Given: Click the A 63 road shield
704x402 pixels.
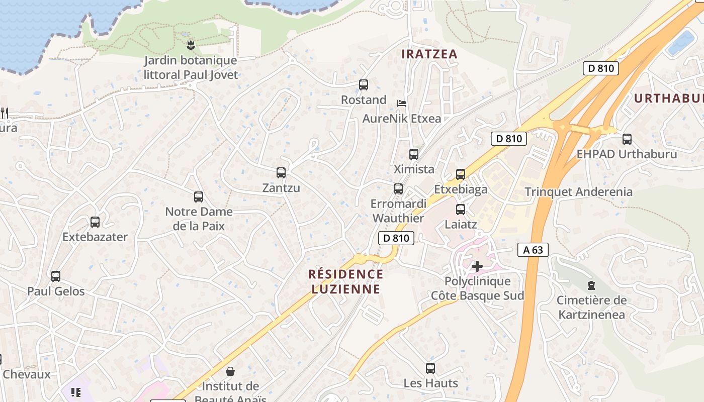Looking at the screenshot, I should pos(533,250).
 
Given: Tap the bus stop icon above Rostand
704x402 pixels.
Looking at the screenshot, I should pos(364,85).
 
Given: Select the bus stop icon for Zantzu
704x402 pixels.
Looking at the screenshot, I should pos(281,173).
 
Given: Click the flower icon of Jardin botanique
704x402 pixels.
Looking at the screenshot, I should pos(191,46).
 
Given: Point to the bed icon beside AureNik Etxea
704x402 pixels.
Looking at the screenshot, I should pos(402,104).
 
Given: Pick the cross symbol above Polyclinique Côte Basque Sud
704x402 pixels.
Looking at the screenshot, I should pos(477,266).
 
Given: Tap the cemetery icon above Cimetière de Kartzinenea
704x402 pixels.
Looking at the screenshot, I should pos(591,285).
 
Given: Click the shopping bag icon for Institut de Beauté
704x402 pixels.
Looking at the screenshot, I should pos(230,371).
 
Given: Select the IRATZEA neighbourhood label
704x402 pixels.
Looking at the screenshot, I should pos(429,54).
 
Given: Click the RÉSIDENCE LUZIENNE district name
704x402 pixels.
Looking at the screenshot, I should pos(345,281).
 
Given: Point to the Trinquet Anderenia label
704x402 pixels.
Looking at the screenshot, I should pos(578,191).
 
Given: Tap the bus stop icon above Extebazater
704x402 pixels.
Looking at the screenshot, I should pos(95,222).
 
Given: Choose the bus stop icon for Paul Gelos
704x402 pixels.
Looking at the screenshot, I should pos(56,276).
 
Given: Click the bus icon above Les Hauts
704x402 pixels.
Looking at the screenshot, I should pos(430,368).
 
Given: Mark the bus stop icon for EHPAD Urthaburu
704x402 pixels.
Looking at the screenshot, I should pos(627,139).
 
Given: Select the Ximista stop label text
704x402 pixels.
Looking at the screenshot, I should pos(414,169).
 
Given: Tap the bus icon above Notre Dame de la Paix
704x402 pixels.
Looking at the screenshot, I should pos(199,197).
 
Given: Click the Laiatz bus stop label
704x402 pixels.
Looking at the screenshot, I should pos(461,224).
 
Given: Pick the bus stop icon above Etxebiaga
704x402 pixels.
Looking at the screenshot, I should pos(461,174).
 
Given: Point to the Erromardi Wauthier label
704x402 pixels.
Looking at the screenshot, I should pos(398,211).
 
